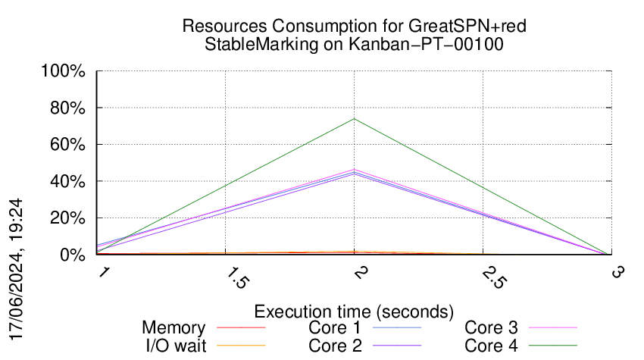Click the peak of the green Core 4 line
tap(354, 119)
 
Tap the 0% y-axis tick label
tap(73, 255)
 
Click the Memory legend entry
tap(174, 328)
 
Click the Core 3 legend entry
tap(491, 328)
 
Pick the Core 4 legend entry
tap(491, 346)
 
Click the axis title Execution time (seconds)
tap(354, 311)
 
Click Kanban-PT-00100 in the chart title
tap(426, 44)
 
